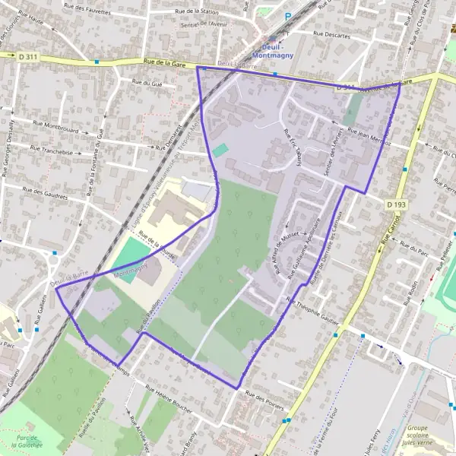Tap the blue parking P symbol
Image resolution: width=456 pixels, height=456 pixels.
pos(288,16)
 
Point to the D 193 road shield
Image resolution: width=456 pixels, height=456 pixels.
pos(395,204)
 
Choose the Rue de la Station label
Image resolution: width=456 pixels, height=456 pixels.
pos(197,11)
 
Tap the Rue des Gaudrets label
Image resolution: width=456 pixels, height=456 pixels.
pos(46,195)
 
